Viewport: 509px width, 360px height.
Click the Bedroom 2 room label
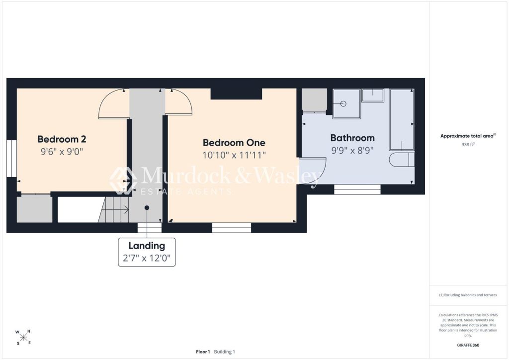pos(62,139)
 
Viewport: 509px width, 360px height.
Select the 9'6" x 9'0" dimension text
pos(62,151)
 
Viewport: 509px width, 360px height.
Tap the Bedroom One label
pos(234,143)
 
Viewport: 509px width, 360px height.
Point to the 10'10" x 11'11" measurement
pos(234,155)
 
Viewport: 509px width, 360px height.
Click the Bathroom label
pos(352,138)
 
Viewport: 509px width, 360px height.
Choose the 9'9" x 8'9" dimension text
pos(352,150)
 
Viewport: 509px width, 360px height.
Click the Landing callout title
pos(147,246)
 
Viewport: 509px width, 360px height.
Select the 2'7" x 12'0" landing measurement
pos(147,258)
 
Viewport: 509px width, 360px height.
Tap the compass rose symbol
pos(23,337)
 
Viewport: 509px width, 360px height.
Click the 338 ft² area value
pos(468,145)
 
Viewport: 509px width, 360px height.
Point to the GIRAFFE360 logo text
pos(468,345)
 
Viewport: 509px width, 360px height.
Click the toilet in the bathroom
pos(402,160)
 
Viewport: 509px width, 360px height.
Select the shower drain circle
pos(343,104)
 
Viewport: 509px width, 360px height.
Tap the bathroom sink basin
pos(373,95)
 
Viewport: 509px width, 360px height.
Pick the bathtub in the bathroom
pos(402,120)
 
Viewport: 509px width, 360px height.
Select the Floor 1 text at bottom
pos(203,352)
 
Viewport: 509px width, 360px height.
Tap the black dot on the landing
pos(147,208)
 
